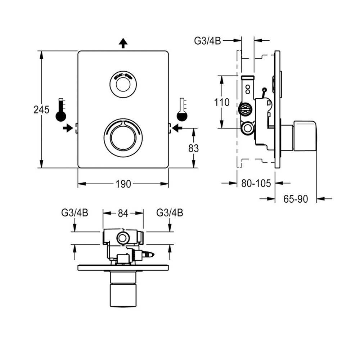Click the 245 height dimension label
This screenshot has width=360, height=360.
click(41, 110)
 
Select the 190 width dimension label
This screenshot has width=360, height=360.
click(123, 184)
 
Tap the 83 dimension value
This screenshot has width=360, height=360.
click(193, 148)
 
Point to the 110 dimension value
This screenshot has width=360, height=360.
click(221, 102)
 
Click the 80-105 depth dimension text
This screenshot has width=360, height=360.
click(256, 184)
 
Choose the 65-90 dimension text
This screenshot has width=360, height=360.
click(296, 199)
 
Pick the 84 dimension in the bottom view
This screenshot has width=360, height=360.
click(123, 213)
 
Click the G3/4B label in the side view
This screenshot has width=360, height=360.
click(208, 41)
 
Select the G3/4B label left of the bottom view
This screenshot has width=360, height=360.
click(75, 213)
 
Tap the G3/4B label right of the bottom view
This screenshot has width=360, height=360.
click(170, 213)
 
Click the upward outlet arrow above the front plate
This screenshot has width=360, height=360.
click(123, 44)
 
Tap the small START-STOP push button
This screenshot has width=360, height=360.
click(123, 85)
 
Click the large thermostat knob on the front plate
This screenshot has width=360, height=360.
click(123, 138)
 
